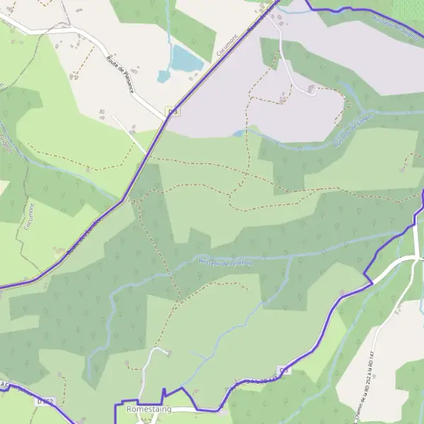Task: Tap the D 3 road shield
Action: click(x=171, y=112)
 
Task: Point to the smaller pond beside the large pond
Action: click(x=164, y=76)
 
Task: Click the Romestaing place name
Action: click(x=148, y=409)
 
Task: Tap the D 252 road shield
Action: click(x=45, y=402)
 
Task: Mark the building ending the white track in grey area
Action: click(x=312, y=89)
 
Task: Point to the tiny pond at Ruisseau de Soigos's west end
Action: click(x=239, y=133)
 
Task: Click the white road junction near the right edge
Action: click(x=416, y=258)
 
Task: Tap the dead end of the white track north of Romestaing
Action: click(x=167, y=350)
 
